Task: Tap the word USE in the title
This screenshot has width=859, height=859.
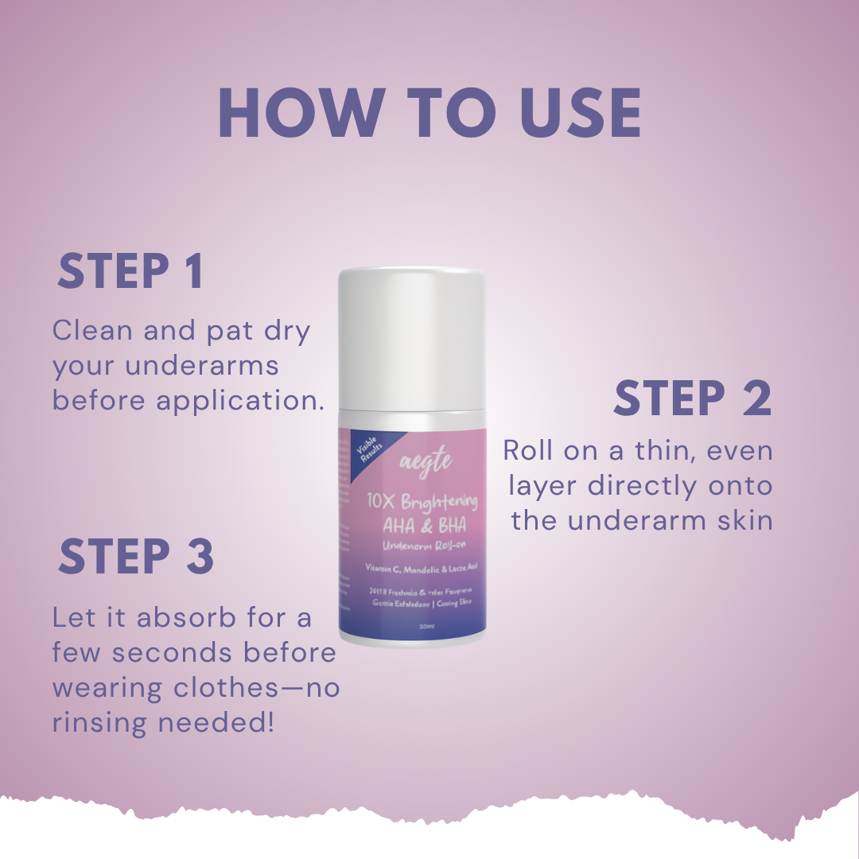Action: pyautogui.click(x=581, y=113)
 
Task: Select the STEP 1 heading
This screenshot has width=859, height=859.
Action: pyautogui.click(x=130, y=272)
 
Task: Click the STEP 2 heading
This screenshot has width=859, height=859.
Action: pyautogui.click(x=692, y=398)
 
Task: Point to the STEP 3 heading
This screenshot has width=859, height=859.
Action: pyautogui.click(x=136, y=556)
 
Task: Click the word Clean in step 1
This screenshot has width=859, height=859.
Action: pyautogui.click(x=93, y=330)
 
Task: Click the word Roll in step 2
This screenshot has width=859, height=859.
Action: pyautogui.click(x=528, y=450)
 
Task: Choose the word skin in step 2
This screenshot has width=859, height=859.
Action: pyautogui.click(x=744, y=520)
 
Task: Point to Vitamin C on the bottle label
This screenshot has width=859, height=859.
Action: pyautogui.click(x=382, y=569)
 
